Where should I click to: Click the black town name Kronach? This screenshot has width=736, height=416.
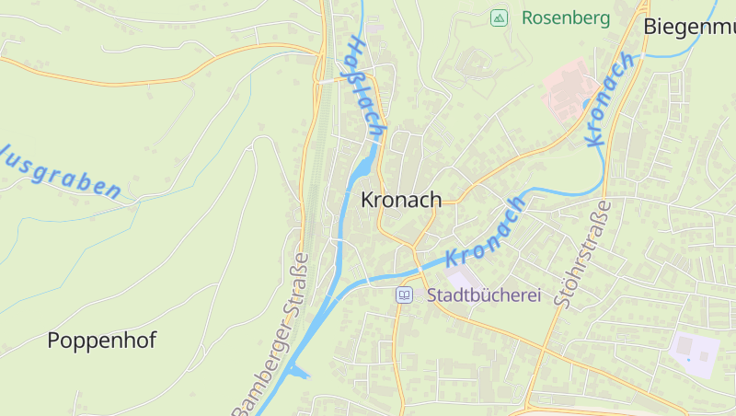pyautogui.click(x=400, y=200)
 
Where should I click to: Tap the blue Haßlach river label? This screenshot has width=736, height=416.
pyautogui.click(x=366, y=88)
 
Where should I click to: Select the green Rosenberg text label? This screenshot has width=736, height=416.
pyautogui.click(x=566, y=17)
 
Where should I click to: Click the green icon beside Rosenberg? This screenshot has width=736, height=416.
pyautogui.click(x=499, y=17)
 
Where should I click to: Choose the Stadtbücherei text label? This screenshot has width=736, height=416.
pyautogui.click(x=483, y=295)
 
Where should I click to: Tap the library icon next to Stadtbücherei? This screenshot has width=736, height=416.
pyautogui.click(x=404, y=295)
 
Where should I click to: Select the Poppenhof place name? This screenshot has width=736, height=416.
pyautogui.click(x=101, y=340)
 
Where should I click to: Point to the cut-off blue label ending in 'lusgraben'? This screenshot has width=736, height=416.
pyautogui.click(x=61, y=171)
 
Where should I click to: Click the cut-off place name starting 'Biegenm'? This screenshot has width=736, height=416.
pyautogui.click(x=689, y=26)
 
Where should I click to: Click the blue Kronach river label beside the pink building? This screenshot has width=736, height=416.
pyautogui.click(x=610, y=98)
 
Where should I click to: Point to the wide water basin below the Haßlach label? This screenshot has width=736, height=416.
pyautogui.click(x=362, y=170)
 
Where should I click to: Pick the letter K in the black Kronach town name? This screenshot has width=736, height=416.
pyautogui.click(x=367, y=200)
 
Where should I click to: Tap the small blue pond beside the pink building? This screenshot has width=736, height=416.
pyautogui.click(x=587, y=104)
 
